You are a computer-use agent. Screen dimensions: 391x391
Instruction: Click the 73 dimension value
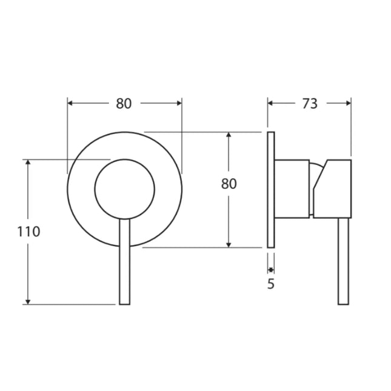point(309,104)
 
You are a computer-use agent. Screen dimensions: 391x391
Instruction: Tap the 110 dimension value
point(28,232)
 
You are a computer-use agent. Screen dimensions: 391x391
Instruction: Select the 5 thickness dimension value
point(270,283)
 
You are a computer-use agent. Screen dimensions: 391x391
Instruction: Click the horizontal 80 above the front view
point(124,104)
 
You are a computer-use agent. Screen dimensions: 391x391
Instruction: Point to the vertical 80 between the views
point(229,184)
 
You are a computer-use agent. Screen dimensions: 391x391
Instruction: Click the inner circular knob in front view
point(124,189)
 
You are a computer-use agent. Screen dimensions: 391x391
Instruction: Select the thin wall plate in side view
point(271,189)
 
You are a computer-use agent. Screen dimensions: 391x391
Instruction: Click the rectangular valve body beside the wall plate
point(293,188)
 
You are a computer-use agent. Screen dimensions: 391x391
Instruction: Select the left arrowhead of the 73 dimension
point(271,104)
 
